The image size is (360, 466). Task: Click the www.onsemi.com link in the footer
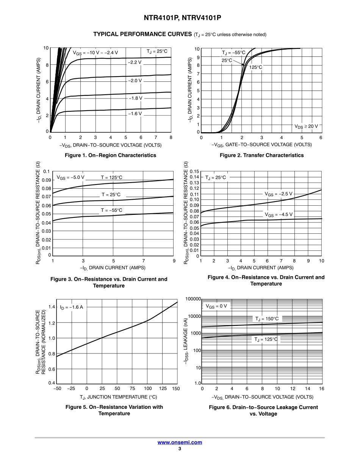(180, 442)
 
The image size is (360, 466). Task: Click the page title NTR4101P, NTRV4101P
(180, 18)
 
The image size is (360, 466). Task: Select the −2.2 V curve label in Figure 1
(135, 62)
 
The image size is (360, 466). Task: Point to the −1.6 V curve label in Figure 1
(135, 113)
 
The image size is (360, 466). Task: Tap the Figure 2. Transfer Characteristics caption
(261, 155)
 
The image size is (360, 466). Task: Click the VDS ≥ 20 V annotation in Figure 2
(306, 126)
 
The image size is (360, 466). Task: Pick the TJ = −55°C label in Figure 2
(233, 53)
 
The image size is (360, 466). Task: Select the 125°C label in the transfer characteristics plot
(255, 67)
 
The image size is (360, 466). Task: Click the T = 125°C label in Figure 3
(111, 177)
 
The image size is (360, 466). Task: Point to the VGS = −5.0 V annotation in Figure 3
(70, 177)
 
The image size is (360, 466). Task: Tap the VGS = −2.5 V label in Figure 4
(279, 194)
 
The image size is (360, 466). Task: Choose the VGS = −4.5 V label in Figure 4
(279, 214)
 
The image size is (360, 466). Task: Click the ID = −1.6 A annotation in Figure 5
(71, 307)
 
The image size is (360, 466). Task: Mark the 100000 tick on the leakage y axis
(193, 299)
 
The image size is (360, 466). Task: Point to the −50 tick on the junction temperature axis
(57, 389)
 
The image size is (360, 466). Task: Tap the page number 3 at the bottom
(180, 449)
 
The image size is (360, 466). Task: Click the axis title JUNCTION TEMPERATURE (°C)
(118, 397)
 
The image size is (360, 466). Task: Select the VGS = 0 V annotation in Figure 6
(216, 306)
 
